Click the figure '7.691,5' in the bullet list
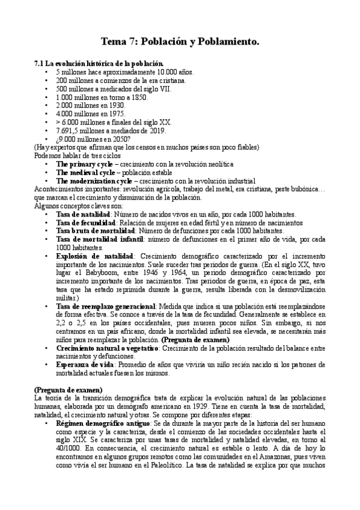coord(69,131)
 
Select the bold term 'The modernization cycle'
coord(94,181)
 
